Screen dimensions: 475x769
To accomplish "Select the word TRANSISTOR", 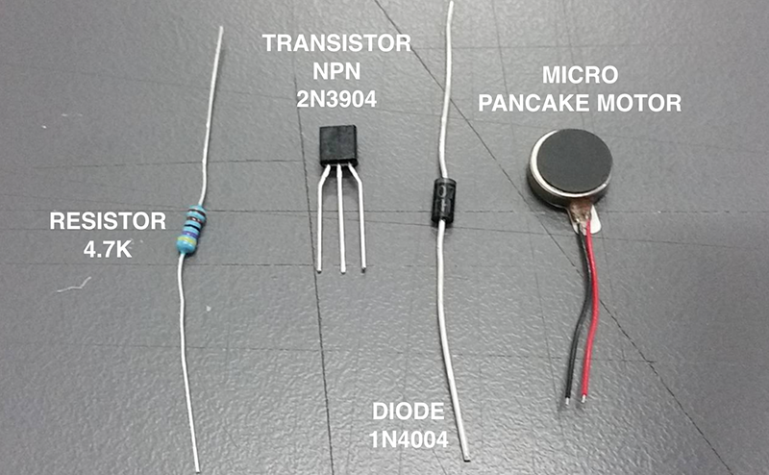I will pyautogui.click(x=337, y=43).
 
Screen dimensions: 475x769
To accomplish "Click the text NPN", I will pyautogui.click(x=337, y=69).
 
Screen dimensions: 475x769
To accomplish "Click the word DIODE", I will pyautogui.click(x=409, y=412).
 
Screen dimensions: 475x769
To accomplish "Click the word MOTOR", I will pyautogui.click(x=645, y=101).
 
